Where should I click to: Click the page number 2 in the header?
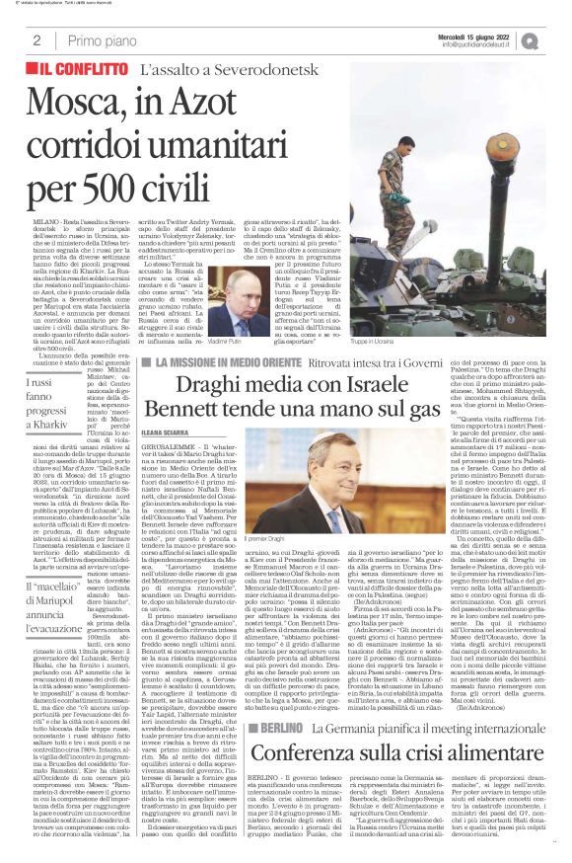36,40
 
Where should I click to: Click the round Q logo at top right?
556,39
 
